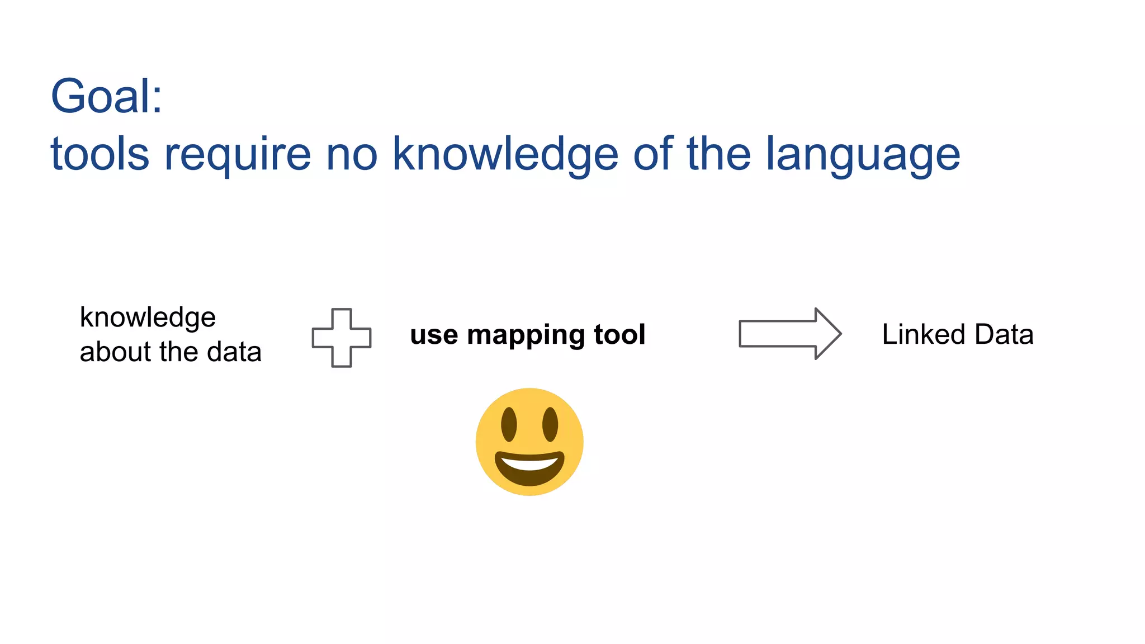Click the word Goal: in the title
(106, 96)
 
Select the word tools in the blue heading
(100, 154)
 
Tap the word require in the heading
(237, 155)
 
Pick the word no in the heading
(352, 155)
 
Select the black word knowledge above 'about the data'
(148, 318)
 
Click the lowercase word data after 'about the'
(234, 352)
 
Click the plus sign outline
(342, 338)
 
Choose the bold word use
(434, 335)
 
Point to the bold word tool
(619, 335)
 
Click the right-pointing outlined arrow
(789, 334)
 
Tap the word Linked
(924, 334)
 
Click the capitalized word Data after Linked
(1004, 334)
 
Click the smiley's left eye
(509, 424)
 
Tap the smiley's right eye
(550, 424)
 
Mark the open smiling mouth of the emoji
(529, 467)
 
